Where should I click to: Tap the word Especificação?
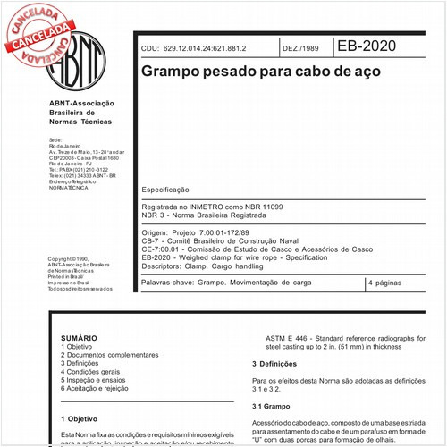pyautogui.click(x=165, y=190)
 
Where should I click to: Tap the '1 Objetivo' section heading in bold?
pyautogui.click(x=80, y=417)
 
